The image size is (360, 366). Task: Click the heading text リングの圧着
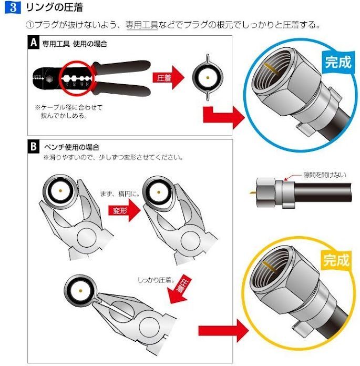[55, 9]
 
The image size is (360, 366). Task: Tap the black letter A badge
[34, 44]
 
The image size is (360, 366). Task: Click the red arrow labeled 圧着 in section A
[169, 78]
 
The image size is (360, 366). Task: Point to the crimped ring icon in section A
[209, 77]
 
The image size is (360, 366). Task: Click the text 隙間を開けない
[324, 175]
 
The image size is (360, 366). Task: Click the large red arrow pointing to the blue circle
[222, 117]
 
